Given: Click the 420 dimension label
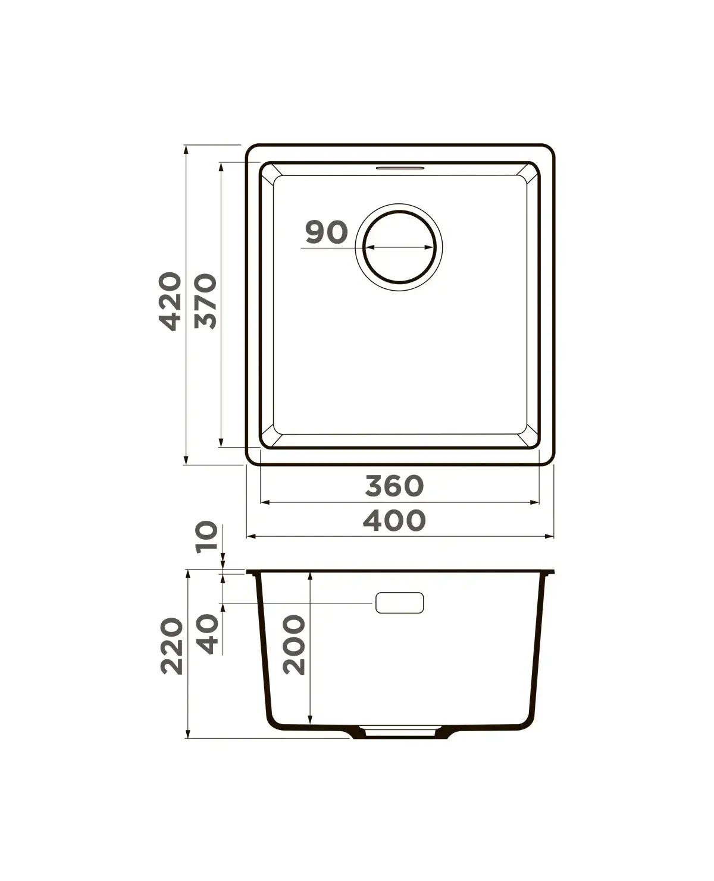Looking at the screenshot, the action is coord(170,301).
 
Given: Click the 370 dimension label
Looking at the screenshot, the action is coord(206,301).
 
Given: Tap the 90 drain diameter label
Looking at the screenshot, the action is coord(327,232).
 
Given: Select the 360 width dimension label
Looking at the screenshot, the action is coord(394,486).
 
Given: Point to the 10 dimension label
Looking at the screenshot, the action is coord(206,537).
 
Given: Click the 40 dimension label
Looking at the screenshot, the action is coord(207,634).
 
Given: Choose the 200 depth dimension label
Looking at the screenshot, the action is coord(294,645).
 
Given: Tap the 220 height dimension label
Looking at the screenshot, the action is coord(171,646).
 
